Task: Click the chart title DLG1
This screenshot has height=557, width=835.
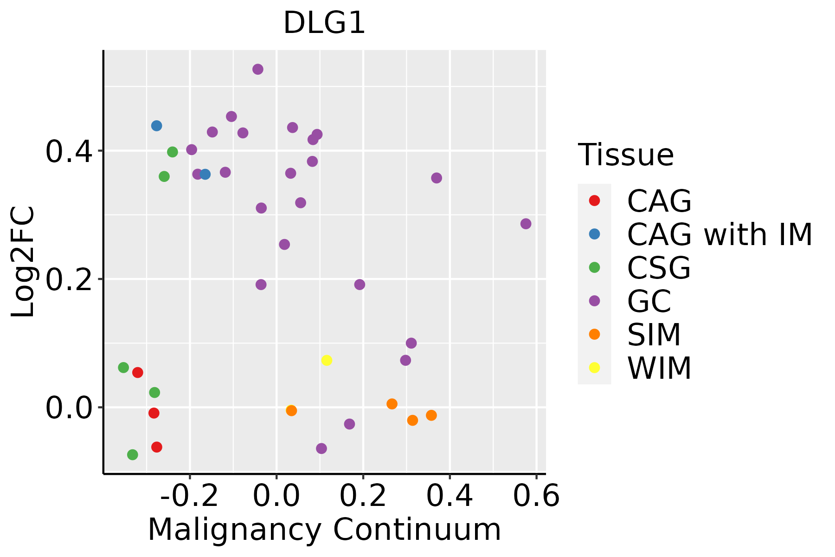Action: click(324, 23)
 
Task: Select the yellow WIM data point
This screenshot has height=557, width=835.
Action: click(327, 360)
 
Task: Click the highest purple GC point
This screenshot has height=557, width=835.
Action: click(258, 69)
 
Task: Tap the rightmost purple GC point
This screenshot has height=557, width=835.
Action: click(526, 224)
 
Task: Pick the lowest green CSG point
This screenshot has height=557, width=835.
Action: click(133, 454)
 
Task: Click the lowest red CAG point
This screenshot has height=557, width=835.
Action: click(157, 447)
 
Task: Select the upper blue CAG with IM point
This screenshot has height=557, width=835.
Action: click(157, 126)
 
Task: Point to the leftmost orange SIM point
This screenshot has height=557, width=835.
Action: click(291, 410)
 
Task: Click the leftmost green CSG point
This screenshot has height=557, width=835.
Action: click(123, 368)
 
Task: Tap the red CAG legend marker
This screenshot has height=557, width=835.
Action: click(594, 201)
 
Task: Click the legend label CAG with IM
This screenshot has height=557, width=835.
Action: click(719, 234)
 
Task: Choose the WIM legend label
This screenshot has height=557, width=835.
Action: click(659, 368)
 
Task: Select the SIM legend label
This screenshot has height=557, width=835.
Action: click(654, 335)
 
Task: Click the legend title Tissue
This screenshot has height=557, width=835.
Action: click(626, 155)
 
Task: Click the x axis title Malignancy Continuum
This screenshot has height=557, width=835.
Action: click(324, 530)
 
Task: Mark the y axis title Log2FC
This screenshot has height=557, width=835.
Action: click(23, 262)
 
